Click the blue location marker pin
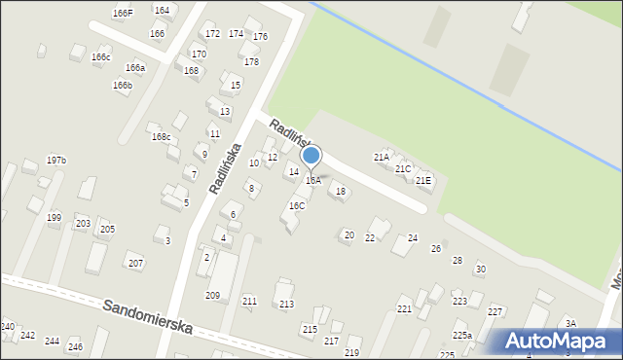[311, 157]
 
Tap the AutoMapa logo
[555, 341]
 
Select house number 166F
[123, 14]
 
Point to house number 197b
[56, 160]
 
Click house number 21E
[423, 180]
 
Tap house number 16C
[297, 206]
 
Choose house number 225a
[461, 336]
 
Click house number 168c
[161, 137]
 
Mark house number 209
[212, 295]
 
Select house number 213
[286, 305]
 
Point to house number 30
[480, 270]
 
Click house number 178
[251, 62]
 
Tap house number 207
[135, 264]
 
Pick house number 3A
[571, 324]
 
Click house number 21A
[382, 157]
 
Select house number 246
[75, 347]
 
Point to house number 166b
[122, 86]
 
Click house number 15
[236, 86]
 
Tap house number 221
[404, 309]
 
